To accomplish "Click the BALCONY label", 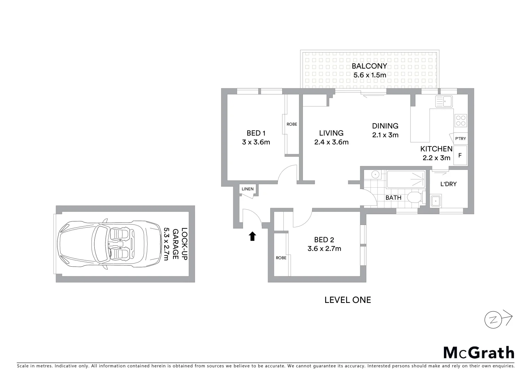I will click(x=369, y=66).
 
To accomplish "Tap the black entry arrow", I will click(x=252, y=236).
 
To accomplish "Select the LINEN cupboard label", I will click(x=248, y=189).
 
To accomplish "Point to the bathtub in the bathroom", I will click(x=406, y=179).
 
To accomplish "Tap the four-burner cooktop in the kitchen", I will click(x=461, y=120).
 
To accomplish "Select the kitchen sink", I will click(x=444, y=102).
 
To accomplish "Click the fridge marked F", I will click(x=460, y=155).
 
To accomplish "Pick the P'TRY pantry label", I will click(x=460, y=139).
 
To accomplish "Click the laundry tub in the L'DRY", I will click(x=436, y=201).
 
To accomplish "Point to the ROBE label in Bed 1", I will click(x=292, y=124).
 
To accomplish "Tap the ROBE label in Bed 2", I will click(x=281, y=258).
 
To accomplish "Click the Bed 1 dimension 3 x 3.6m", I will click(x=256, y=142).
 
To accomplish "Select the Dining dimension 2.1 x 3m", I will click(x=385, y=135).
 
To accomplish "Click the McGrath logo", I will click(x=479, y=353).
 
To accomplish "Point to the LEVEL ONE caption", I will click(x=347, y=300).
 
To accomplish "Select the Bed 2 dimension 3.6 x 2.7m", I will click(x=324, y=249).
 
